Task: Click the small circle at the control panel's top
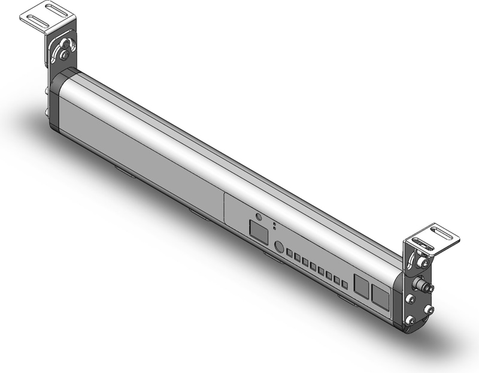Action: [x=258, y=216]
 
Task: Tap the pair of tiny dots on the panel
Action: [x=274, y=226]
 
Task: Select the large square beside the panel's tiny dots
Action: [x=258, y=231]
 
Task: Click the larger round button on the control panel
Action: [x=278, y=246]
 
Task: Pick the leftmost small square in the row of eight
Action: [x=290, y=254]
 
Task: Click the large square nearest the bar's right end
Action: [x=380, y=296]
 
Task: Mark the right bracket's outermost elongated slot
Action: [x=445, y=231]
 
